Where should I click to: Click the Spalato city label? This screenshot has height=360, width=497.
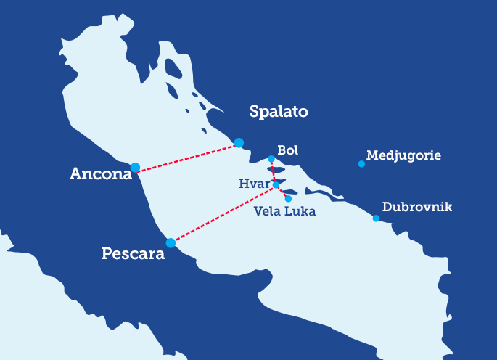tap(279, 112)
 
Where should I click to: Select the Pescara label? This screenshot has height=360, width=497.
tap(134, 255)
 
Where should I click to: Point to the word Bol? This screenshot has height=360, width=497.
tap(288, 150)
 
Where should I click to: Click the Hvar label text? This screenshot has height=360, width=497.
tap(253, 184)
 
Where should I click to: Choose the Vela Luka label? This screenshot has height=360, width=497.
tap(285, 212)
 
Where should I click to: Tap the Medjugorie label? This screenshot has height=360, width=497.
tap(403, 155)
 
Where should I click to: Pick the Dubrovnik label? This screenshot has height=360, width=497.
tap(416, 208)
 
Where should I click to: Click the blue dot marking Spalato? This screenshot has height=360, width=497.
tap(239, 142)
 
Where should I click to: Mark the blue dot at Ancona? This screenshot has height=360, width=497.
tap(135, 168)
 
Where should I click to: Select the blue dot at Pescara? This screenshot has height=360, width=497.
tap(171, 243)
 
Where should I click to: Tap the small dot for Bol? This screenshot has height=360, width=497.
tap(271, 159)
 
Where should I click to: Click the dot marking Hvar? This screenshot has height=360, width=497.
tap(276, 185)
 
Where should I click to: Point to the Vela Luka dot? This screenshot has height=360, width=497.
tap(288, 198)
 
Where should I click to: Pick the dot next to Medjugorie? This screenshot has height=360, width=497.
tap(361, 164)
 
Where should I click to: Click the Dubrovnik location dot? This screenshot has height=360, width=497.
tap(376, 218)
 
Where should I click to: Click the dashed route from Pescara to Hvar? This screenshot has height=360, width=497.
tap(223, 214)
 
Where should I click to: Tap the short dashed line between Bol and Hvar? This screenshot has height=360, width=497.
tap(273, 172)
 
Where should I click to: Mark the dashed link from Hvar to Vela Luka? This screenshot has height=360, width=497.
tap(282, 192)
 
